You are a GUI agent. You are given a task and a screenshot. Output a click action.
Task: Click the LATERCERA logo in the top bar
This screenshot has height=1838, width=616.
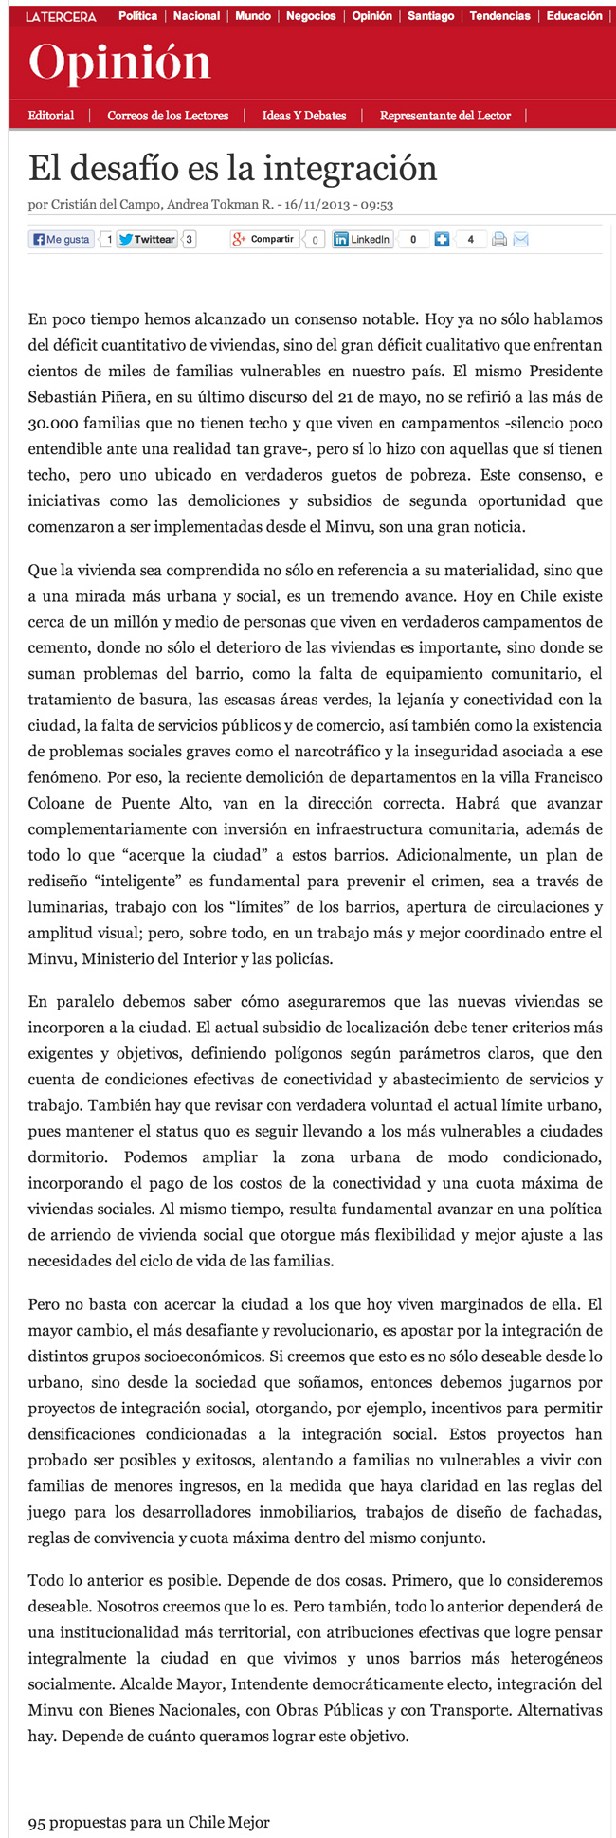click(62, 17)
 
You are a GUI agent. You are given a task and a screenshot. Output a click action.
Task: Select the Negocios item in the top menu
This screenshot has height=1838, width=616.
click(311, 16)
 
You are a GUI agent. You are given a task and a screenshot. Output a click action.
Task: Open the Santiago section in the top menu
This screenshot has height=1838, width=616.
click(430, 16)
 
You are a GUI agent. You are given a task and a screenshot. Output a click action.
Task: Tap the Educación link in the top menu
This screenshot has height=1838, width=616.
click(574, 16)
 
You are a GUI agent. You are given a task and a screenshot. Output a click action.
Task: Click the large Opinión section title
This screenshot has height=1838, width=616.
click(119, 64)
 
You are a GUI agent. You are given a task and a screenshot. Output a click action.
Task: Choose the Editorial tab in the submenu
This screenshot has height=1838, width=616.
click(51, 116)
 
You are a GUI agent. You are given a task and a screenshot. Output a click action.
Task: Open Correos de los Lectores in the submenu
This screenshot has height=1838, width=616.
click(168, 116)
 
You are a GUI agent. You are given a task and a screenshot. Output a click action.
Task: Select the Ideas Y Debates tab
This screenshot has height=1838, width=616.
click(304, 116)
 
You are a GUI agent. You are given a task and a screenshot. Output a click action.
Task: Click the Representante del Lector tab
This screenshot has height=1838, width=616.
click(445, 116)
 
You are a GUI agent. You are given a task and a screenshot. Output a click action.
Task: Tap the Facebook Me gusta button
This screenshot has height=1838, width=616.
click(62, 240)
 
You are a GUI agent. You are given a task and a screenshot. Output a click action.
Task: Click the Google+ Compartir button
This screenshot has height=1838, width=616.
click(264, 240)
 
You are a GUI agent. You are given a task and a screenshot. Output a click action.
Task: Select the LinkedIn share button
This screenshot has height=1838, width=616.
click(362, 240)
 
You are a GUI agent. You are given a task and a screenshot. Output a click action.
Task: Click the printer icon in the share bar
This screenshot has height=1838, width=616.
click(499, 240)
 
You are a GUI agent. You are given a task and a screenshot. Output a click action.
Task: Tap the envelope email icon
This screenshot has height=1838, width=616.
click(520, 240)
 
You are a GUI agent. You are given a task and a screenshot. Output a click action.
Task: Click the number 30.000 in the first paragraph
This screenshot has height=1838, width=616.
click(57, 424)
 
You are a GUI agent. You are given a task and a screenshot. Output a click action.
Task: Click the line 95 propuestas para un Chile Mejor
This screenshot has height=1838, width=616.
click(149, 1822)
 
